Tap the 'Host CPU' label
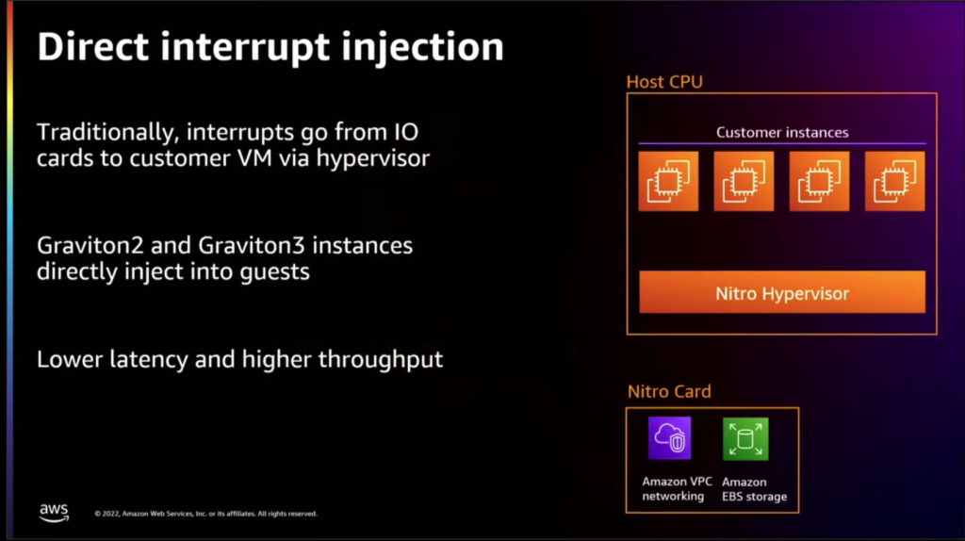(x=664, y=82)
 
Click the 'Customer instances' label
(x=782, y=133)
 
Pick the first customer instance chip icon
(x=668, y=181)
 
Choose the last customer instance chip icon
(x=894, y=181)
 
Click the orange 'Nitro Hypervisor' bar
(x=782, y=293)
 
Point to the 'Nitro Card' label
(x=669, y=391)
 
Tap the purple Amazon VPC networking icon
(x=669, y=438)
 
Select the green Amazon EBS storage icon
(x=745, y=438)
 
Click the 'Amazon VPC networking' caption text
(x=677, y=489)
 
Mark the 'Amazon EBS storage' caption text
(x=754, y=489)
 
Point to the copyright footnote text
(x=205, y=514)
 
